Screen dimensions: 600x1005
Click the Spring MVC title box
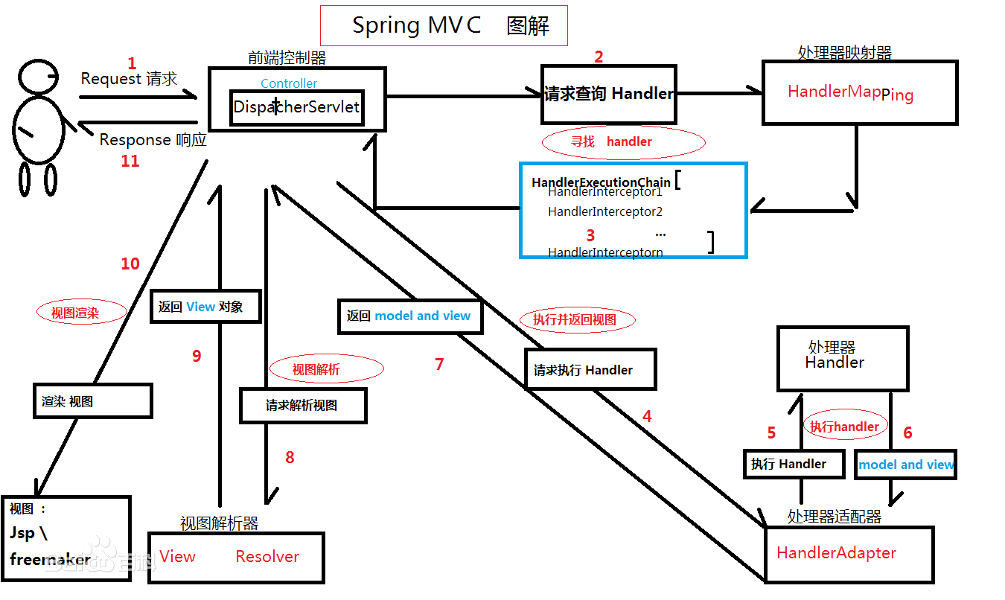(444, 25)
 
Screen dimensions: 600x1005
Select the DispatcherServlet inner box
(297, 107)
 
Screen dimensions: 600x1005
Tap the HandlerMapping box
(859, 93)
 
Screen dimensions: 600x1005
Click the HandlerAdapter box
(849, 554)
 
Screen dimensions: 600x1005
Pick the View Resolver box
(236, 558)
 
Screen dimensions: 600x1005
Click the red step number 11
(130, 161)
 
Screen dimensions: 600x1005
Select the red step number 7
(439, 364)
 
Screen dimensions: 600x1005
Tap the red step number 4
(647, 417)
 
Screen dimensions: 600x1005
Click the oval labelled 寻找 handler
(623, 141)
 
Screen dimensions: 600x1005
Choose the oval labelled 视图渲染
(81, 313)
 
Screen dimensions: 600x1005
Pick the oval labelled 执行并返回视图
(574, 320)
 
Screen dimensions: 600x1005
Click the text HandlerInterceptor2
(604, 211)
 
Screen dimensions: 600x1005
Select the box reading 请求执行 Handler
(590, 369)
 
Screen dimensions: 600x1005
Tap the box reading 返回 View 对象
(205, 306)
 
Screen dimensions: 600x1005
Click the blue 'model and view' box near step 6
(905, 465)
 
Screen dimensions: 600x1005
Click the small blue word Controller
(289, 83)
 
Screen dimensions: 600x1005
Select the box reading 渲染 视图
(92, 401)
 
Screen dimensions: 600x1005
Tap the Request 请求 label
(129, 79)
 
